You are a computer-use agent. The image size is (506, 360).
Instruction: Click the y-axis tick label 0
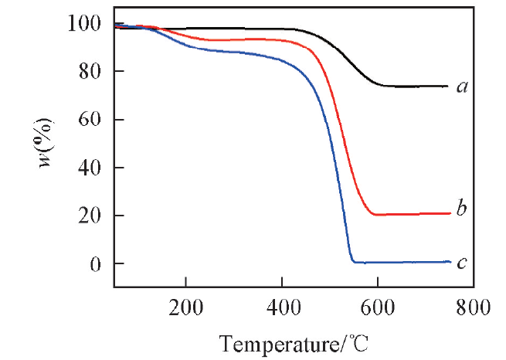point(95,263)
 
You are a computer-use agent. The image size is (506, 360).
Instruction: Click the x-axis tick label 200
point(186,306)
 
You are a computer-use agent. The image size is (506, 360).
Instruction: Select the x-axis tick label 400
point(282,306)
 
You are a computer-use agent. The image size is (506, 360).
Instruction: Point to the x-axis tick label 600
point(378,306)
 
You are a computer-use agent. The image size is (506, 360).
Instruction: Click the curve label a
point(462,87)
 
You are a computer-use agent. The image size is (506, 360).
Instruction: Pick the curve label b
point(462,208)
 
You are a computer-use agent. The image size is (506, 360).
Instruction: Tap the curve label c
point(462,263)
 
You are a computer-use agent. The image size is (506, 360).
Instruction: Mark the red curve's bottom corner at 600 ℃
point(375,214)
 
